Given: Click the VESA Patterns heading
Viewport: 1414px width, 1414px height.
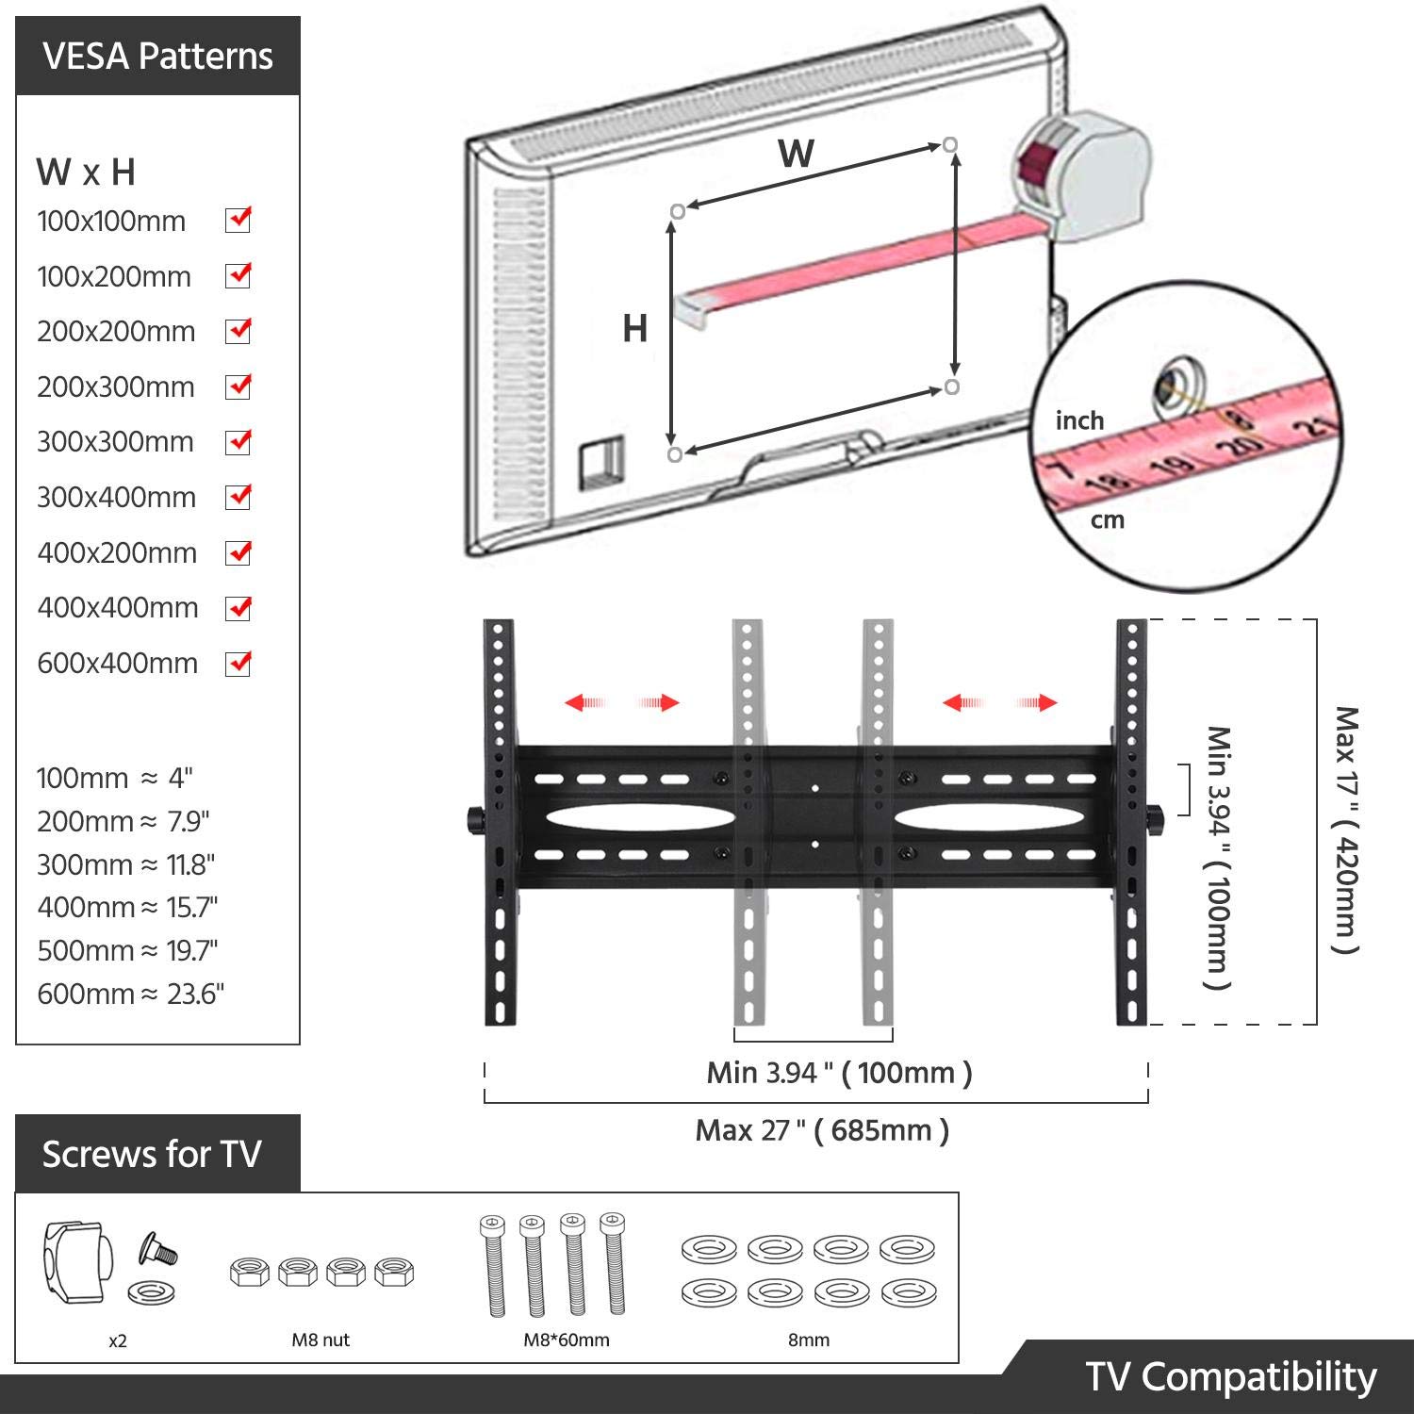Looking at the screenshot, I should point(157,57).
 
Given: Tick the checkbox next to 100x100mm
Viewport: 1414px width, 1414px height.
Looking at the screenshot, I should point(238,221).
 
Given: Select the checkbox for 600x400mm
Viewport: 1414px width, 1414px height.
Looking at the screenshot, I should point(238,664).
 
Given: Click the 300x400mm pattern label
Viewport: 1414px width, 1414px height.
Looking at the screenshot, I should point(116,498).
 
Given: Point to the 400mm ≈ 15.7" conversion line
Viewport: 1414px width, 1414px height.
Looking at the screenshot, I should point(127,908).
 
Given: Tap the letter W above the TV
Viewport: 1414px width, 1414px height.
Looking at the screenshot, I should point(796,154).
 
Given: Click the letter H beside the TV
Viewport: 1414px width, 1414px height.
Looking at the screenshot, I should point(634,328).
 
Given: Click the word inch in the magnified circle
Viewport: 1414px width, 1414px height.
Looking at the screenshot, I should point(1079,420).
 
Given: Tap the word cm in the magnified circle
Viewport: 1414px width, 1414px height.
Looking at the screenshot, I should point(1108,520).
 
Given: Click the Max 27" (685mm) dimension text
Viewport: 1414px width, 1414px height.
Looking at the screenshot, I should point(822,1130).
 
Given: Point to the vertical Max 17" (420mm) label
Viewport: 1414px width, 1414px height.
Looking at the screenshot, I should point(1346,830).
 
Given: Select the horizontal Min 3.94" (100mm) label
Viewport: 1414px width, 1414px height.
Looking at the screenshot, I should point(839,1073).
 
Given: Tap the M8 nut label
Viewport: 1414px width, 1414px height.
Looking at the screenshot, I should point(321,1340).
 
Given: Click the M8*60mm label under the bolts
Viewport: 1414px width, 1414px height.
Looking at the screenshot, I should point(567,1340).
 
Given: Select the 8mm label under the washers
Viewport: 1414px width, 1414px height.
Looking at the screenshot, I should point(809,1340).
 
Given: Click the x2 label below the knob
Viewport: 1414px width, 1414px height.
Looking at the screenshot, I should point(117,1340).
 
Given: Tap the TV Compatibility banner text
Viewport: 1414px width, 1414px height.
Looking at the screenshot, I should point(1230,1377).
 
